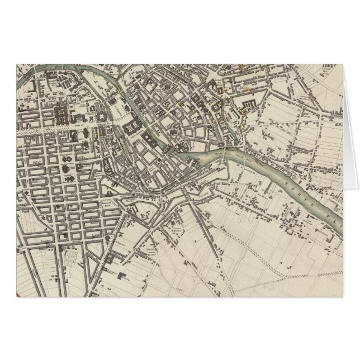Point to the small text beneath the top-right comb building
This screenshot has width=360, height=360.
click(x=330, y=82)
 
